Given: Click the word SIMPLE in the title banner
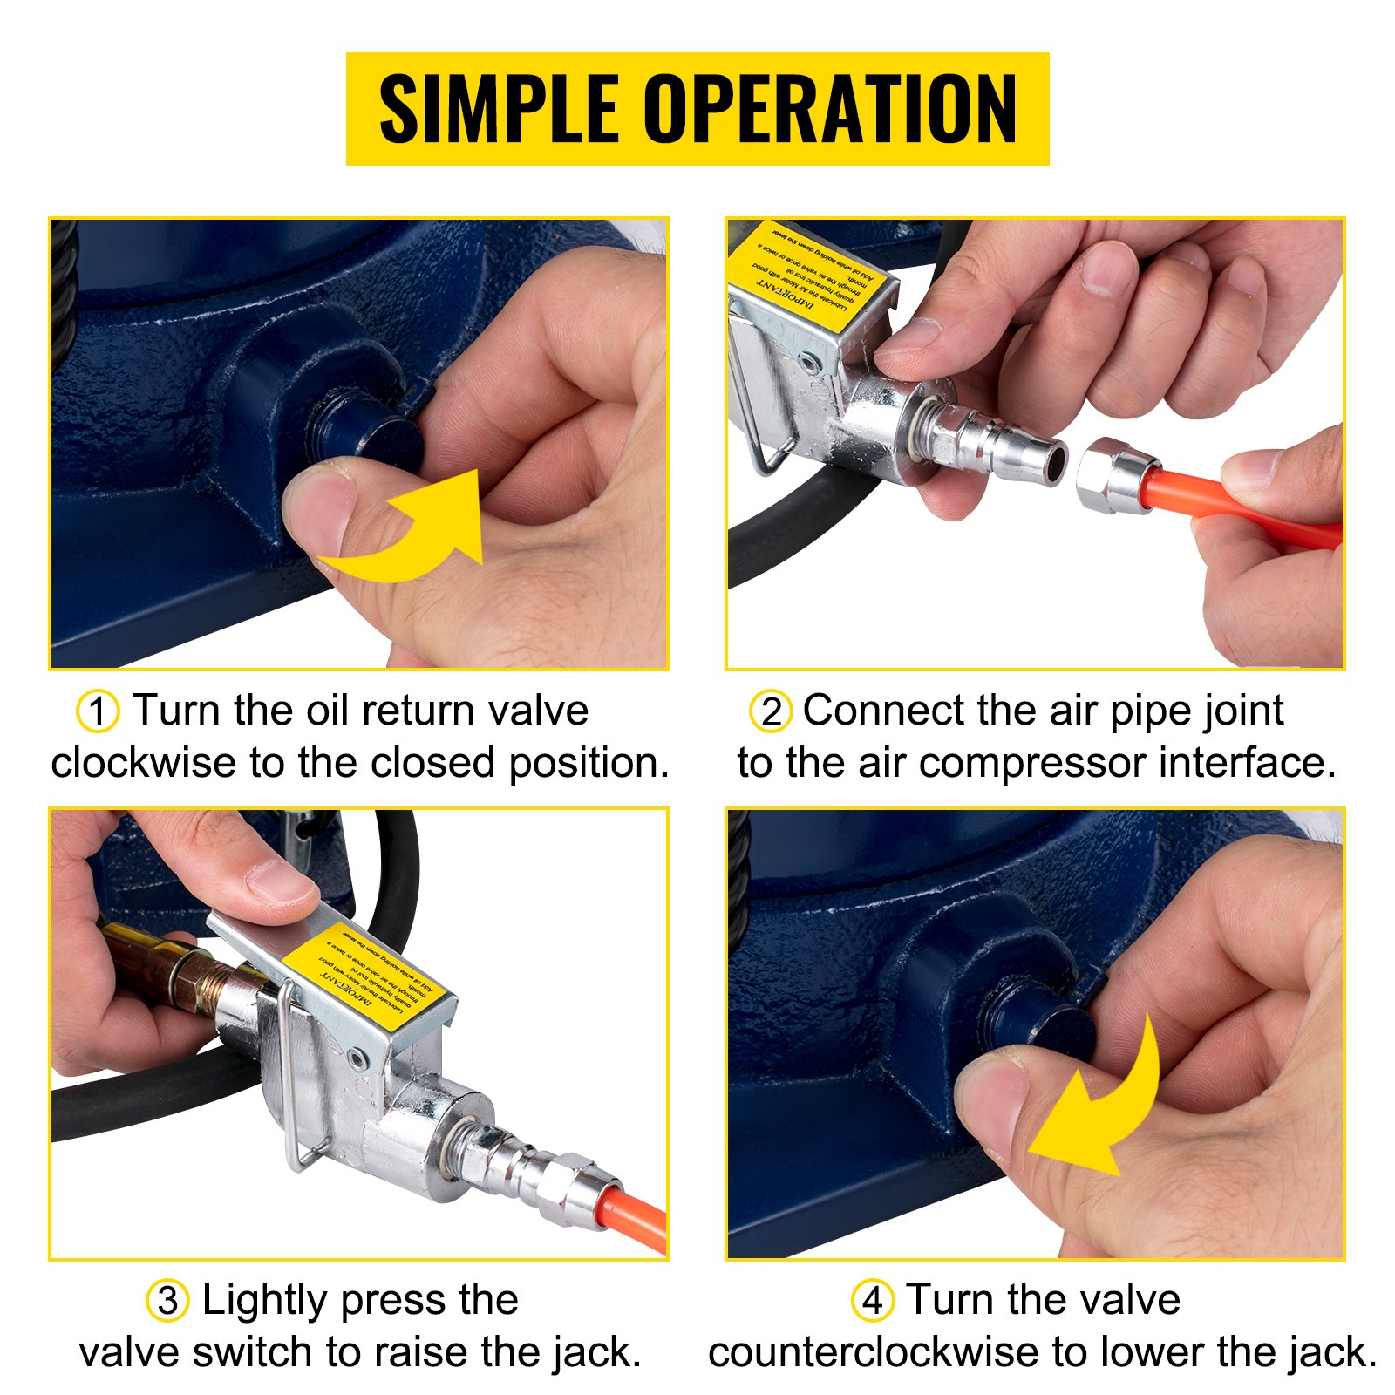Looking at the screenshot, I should pyautogui.click(x=499, y=109).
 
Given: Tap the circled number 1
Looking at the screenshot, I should pyautogui.click(x=98, y=711).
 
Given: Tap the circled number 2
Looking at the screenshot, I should pyautogui.click(x=771, y=711).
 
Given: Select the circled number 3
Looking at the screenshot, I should pyautogui.click(x=167, y=1301).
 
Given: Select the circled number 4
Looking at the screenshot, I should pyautogui.click(x=872, y=1301).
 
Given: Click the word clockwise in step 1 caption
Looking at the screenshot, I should pyautogui.click(x=144, y=764).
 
